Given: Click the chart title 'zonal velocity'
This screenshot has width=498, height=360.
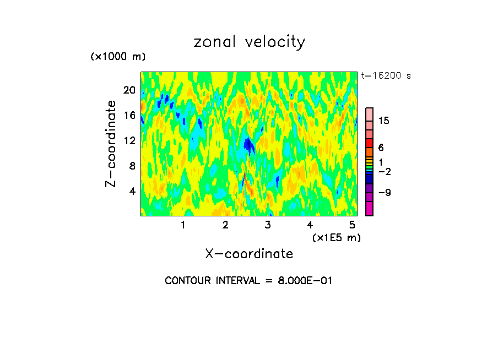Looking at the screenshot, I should [249, 42].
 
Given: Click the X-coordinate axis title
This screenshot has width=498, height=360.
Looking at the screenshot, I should [249, 254].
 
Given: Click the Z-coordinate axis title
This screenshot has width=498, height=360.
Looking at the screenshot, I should [111, 144].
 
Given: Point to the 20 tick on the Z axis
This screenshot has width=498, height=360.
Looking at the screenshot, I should [129, 90].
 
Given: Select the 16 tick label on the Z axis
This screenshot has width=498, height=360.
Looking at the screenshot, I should [129, 115].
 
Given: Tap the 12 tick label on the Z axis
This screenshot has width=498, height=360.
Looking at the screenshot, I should [129, 140].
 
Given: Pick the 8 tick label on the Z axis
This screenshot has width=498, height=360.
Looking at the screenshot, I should [132, 166].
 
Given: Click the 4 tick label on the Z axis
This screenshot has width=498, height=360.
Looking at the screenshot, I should [132, 191].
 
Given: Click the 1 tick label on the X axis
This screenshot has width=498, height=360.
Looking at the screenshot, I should [183, 225].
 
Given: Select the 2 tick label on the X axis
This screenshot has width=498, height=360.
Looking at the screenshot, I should [225, 225].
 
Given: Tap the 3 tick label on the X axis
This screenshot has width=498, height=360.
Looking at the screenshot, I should [267, 225].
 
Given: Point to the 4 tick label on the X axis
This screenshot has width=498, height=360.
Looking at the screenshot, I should [310, 225].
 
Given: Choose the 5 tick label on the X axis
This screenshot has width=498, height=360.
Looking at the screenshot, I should [351, 225].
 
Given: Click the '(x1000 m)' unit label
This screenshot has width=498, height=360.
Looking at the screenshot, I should [117, 57].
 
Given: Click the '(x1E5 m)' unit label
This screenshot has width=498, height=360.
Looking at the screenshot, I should [336, 237].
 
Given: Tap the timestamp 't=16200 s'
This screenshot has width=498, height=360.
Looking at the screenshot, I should [386, 76].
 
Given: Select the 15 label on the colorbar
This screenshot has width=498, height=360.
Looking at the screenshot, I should [384, 121].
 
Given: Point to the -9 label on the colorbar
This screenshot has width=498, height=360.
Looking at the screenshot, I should [384, 193].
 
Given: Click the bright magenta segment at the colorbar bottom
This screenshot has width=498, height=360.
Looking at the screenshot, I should [370, 209].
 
